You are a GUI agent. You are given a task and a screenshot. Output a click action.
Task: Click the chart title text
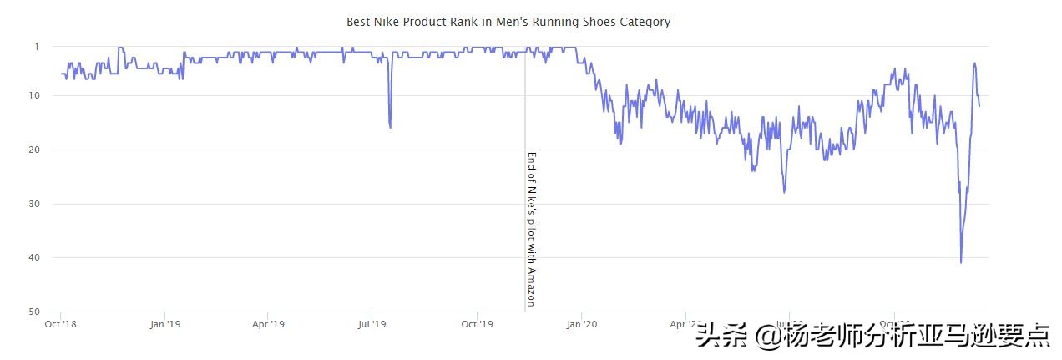[x=508, y=22]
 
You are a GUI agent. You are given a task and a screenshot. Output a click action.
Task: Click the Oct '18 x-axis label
[x=61, y=324]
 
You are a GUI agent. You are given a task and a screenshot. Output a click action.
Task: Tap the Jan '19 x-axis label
[x=164, y=324]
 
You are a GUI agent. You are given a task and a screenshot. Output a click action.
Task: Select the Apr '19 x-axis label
[x=268, y=324]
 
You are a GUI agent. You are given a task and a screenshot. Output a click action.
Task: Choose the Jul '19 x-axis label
[x=372, y=324]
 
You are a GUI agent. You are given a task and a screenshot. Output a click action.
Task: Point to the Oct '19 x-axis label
[x=476, y=324]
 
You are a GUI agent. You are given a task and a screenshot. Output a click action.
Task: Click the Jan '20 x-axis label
[x=581, y=324]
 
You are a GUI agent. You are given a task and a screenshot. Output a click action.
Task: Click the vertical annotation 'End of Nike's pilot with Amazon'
[x=531, y=228]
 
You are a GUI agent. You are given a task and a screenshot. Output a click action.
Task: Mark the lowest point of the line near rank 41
[x=961, y=262]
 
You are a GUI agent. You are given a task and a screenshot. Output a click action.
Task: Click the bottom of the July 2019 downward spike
[x=391, y=127]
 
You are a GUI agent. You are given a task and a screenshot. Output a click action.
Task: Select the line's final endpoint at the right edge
[x=979, y=105]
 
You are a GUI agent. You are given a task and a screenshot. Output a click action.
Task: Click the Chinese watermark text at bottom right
[x=872, y=336]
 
